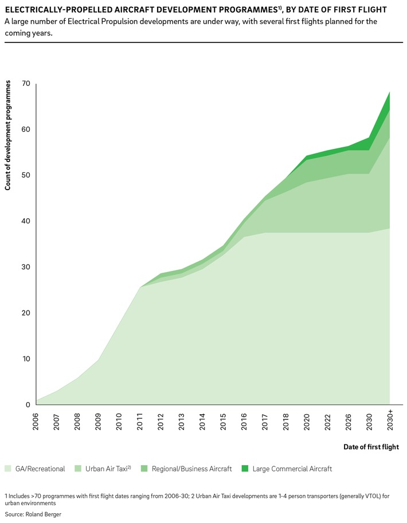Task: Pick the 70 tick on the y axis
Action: coord(25,84)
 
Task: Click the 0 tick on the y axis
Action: coord(28,405)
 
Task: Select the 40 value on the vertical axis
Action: coord(25,222)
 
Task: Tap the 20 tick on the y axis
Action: coord(25,313)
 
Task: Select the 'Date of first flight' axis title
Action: coord(371,447)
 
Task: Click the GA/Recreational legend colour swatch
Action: coord(8,469)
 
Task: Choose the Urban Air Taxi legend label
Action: coord(107,469)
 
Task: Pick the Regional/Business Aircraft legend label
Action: coord(192,469)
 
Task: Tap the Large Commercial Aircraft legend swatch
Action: coord(245,469)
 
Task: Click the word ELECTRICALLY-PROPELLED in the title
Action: coord(53,10)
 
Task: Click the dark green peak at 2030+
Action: coord(389,99)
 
